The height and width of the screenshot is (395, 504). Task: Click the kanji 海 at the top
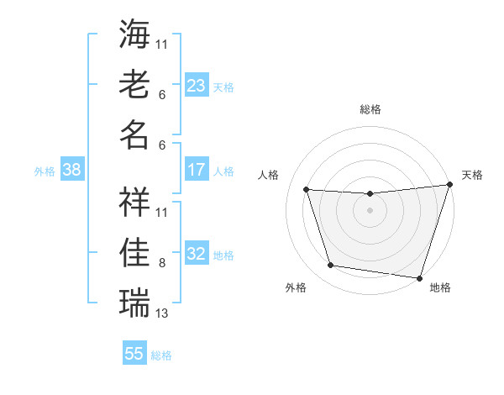click(x=134, y=35)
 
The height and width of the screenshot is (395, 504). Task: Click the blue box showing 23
click(x=197, y=85)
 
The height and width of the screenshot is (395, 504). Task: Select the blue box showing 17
click(x=197, y=170)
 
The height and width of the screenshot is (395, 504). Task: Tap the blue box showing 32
click(x=197, y=254)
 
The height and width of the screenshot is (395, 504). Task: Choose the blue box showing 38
click(x=72, y=170)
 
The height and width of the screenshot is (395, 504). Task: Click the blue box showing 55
click(x=134, y=354)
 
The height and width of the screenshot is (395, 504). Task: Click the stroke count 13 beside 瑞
click(x=162, y=313)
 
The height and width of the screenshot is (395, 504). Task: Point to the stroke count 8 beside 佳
click(x=162, y=263)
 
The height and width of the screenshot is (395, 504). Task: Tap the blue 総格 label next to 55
click(x=161, y=355)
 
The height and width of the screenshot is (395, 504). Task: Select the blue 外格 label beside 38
click(x=45, y=171)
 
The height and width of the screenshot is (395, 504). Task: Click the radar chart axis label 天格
click(x=472, y=175)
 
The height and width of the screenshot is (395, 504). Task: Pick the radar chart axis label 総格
click(x=370, y=109)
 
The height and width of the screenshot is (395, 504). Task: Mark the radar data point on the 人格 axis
click(x=307, y=190)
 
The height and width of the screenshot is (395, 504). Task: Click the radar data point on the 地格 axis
click(x=419, y=277)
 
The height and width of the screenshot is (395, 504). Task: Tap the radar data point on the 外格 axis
click(x=331, y=266)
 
